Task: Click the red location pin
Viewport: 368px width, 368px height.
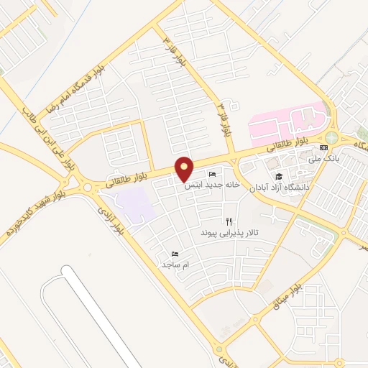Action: pyautogui.click(x=185, y=168)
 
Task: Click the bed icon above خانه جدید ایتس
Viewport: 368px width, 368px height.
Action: pyautogui.click(x=212, y=175)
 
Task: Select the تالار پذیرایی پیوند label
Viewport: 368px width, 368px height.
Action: pyautogui.click(x=228, y=234)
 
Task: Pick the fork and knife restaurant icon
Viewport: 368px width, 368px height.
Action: pyautogui.click(x=229, y=222)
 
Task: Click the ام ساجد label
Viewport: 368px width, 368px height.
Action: pyautogui.click(x=175, y=265)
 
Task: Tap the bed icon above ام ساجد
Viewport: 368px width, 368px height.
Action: pyautogui.click(x=175, y=254)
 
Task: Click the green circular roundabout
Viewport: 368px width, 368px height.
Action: pyautogui.click(x=331, y=137)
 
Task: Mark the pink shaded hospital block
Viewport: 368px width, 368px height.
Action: pyautogui.click(x=287, y=122)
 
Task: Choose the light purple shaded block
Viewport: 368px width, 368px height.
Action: pyautogui.click(x=136, y=206)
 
